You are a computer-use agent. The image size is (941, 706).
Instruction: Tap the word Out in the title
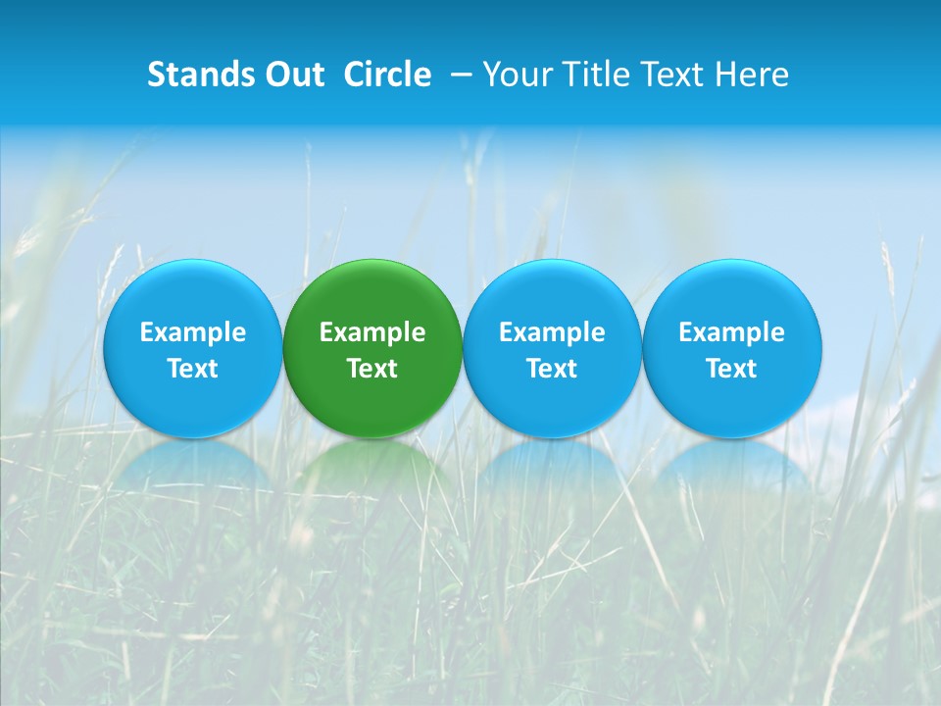click(291, 75)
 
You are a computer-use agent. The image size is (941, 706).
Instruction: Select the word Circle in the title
click(387, 75)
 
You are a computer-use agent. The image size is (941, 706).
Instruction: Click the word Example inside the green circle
click(372, 332)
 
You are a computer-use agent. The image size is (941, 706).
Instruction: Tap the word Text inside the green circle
click(372, 369)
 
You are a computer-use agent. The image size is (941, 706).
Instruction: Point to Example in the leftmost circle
click(192, 332)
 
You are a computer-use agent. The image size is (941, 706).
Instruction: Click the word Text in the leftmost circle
click(192, 369)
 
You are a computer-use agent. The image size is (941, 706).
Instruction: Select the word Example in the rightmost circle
click(731, 332)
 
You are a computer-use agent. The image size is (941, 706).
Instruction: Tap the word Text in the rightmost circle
click(731, 369)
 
